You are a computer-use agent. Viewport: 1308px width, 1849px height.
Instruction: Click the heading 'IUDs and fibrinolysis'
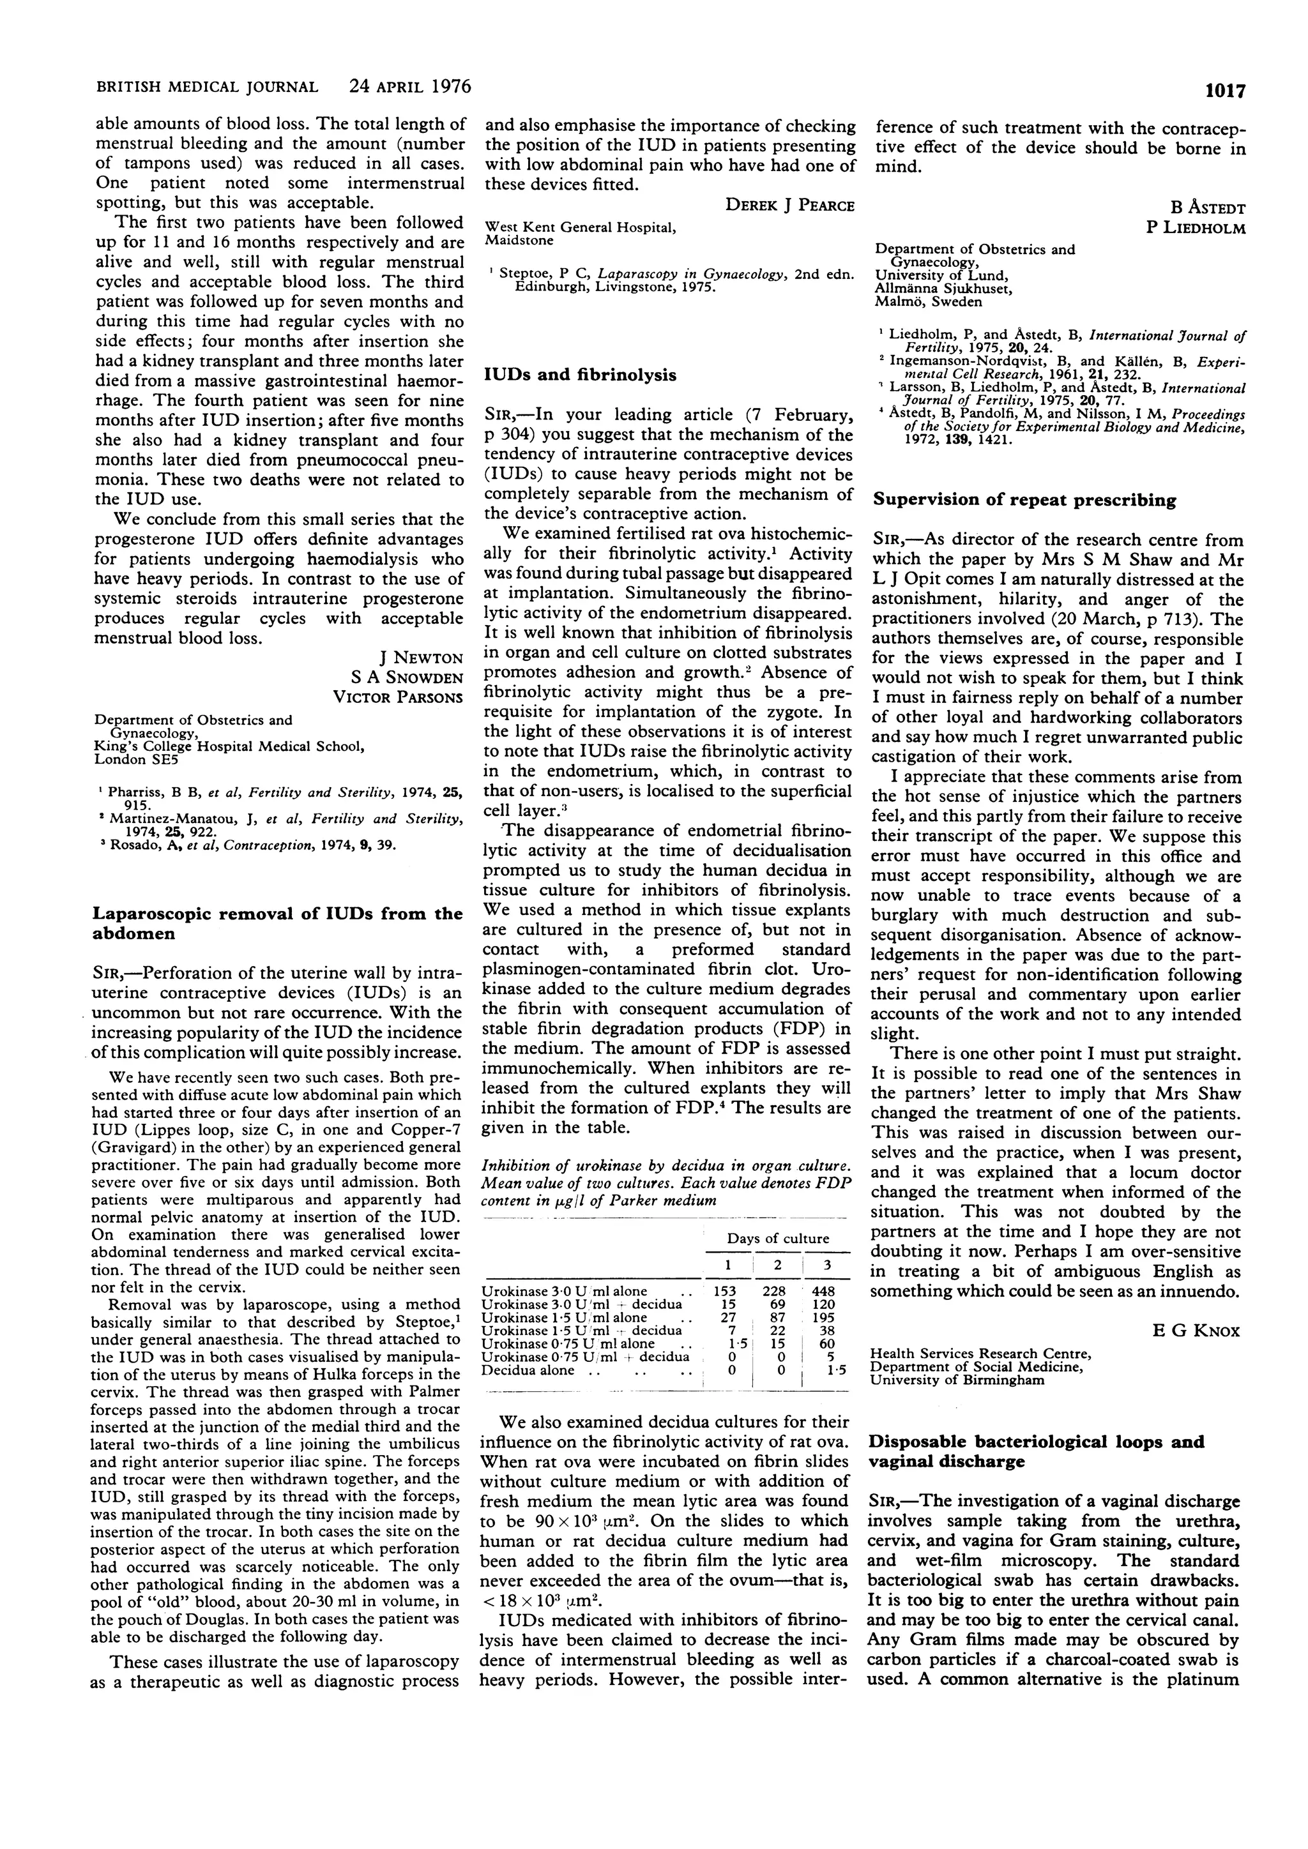click(580, 375)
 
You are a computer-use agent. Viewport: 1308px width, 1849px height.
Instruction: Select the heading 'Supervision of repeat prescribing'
click(1024, 500)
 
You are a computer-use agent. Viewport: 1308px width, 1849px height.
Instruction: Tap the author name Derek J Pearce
click(789, 206)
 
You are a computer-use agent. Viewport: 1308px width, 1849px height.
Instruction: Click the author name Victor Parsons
click(398, 697)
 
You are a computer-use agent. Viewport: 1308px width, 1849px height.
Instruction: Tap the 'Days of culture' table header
click(777, 1239)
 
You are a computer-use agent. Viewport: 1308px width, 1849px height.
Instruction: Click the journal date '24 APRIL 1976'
click(411, 86)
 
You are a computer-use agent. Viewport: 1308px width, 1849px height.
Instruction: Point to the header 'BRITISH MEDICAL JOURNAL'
click(207, 87)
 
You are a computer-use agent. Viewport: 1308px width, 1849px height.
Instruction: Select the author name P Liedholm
click(1195, 228)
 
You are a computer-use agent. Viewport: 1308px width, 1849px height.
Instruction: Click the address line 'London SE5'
click(135, 759)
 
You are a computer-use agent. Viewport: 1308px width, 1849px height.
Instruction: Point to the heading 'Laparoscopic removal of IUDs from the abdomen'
click(277, 924)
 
